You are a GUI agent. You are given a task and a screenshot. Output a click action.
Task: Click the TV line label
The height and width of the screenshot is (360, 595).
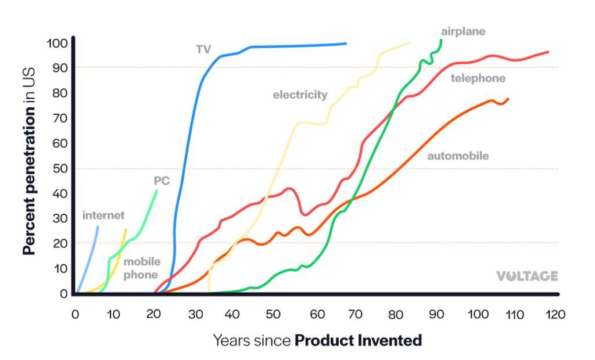(x=203, y=49)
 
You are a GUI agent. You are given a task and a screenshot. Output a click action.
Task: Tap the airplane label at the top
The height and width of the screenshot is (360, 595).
(x=463, y=31)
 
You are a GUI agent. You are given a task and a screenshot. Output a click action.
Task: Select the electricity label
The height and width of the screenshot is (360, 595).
(x=300, y=95)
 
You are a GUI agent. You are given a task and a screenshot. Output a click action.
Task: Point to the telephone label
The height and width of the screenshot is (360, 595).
(x=478, y=78)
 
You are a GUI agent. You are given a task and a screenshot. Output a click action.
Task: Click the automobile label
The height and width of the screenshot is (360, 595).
(x=458, y=156)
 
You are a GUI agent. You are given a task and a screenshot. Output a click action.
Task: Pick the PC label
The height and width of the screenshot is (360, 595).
(x=162, y=181)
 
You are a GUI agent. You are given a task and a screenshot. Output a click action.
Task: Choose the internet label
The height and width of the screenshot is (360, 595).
(x=103, y=215)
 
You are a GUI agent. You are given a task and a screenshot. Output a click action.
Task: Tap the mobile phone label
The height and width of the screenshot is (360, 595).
(x=141, y=268)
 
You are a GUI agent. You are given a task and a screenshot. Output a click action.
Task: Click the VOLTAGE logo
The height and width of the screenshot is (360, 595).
(x=526, y=276)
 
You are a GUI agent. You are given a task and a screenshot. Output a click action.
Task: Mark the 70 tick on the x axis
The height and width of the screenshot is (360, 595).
(x=356, y=314)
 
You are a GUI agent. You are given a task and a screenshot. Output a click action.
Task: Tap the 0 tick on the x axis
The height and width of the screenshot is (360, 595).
(x=75, y=314)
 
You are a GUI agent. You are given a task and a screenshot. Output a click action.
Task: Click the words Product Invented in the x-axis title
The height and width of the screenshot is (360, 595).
(x=358, y=340)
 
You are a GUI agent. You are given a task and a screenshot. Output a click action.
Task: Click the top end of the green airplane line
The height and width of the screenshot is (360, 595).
(x=441, y=40)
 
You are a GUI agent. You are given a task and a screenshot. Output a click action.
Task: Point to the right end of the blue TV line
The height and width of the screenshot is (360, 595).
(x=346, y=43)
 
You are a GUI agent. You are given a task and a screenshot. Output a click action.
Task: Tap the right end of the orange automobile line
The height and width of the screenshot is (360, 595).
(x=508, y=99)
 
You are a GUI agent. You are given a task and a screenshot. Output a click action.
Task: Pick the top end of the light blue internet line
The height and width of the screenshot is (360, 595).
(x=98, y=227)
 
